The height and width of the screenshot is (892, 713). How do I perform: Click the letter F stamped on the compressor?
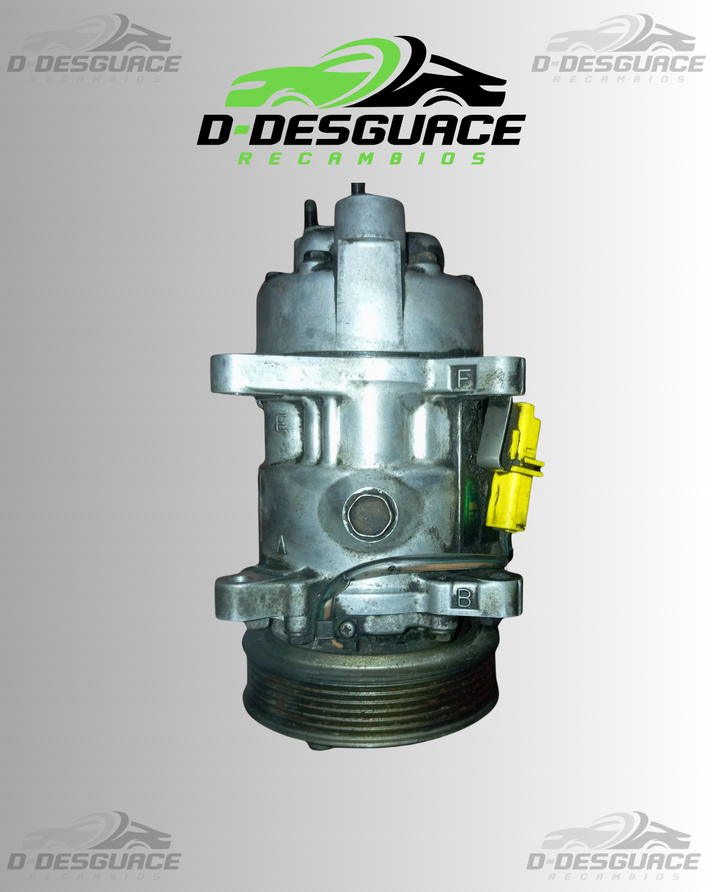(464, 378)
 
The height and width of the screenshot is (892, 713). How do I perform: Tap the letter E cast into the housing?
(281, 423)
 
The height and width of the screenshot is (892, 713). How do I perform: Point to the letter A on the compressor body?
(281, 544)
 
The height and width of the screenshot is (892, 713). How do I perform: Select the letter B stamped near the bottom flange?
(464, 598)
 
